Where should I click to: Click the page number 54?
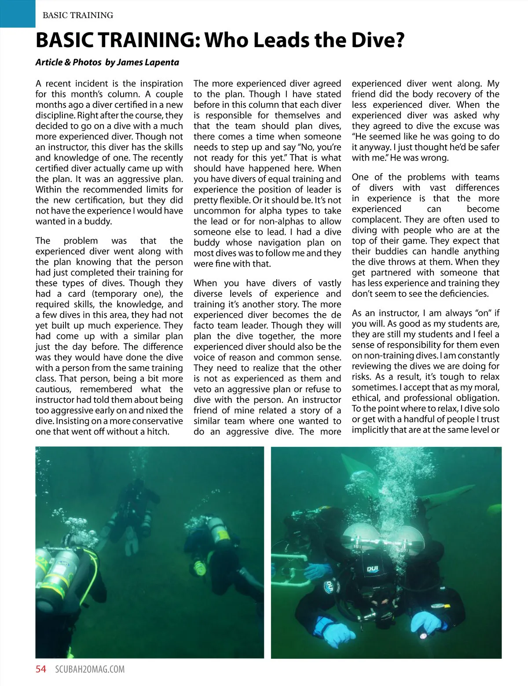40,669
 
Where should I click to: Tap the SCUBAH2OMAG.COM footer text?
90,670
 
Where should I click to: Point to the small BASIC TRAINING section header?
78,15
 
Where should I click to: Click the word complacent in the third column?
378,220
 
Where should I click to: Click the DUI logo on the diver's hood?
373,569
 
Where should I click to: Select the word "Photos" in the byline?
87,62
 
